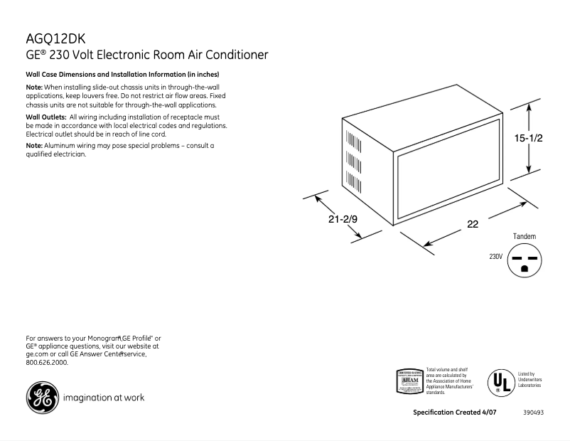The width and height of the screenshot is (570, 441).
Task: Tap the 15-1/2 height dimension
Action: pyautogui.click(x=528, y=139)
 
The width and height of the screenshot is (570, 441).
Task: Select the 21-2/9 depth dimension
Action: pyautogui.click(x=343, y=220)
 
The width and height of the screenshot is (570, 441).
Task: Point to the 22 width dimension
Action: pyautogui.click(x=472, y=223)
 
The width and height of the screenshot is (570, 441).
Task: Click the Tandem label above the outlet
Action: pyautogui.click(x=524, y=236)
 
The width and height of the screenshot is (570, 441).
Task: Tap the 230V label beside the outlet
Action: pyautogui.click(x=495, y=257)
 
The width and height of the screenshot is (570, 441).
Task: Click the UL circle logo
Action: pyautogui.click(x=501, y=382)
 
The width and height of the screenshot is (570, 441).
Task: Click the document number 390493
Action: pyautogui.click(x=533, y=413)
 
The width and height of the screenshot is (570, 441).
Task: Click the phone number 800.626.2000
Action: pyautogui.click(x=47, y=362)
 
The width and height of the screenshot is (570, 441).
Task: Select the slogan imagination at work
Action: pyautogui.click(x=104, y=398)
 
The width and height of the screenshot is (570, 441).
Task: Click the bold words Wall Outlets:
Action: pyautogui.click(x=46, y=117)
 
